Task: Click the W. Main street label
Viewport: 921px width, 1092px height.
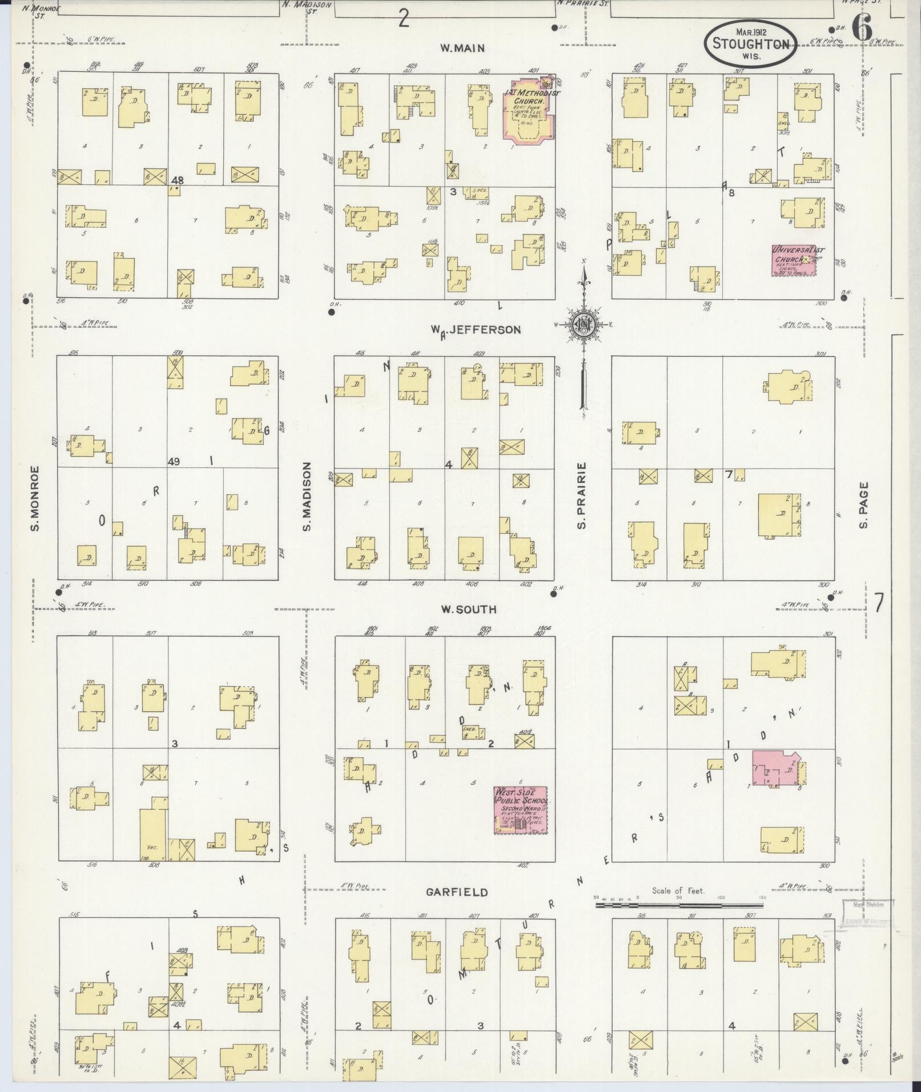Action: point(462,49)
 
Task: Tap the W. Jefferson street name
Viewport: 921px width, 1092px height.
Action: point(476,330)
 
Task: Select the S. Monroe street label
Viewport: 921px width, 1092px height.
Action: point(35,497)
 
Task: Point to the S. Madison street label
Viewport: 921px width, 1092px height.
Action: point(307,496)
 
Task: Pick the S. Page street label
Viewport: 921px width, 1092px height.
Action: point(863,505)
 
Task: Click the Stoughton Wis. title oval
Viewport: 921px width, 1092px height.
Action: point(750,44)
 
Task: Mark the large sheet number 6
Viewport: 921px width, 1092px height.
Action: point(862,27)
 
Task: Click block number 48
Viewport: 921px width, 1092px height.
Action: point(176,180)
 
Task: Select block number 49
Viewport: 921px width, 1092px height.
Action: point(174,461)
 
